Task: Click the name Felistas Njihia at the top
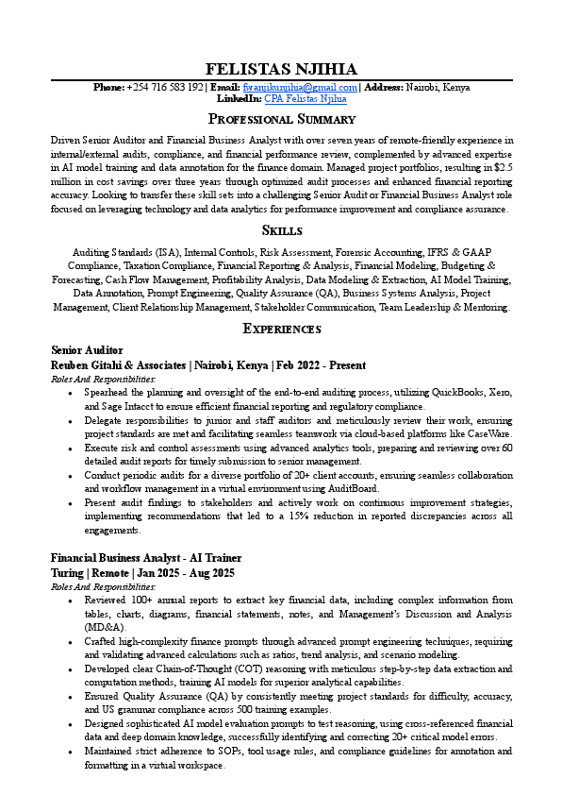[x=281, y=69]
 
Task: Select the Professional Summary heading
[x=281, y=119]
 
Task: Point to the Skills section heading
[x=281, y=230]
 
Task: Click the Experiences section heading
[x=281, y=329]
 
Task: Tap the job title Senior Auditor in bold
[x=87, y=350]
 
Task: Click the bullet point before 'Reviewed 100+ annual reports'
[x=72, y=600]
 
